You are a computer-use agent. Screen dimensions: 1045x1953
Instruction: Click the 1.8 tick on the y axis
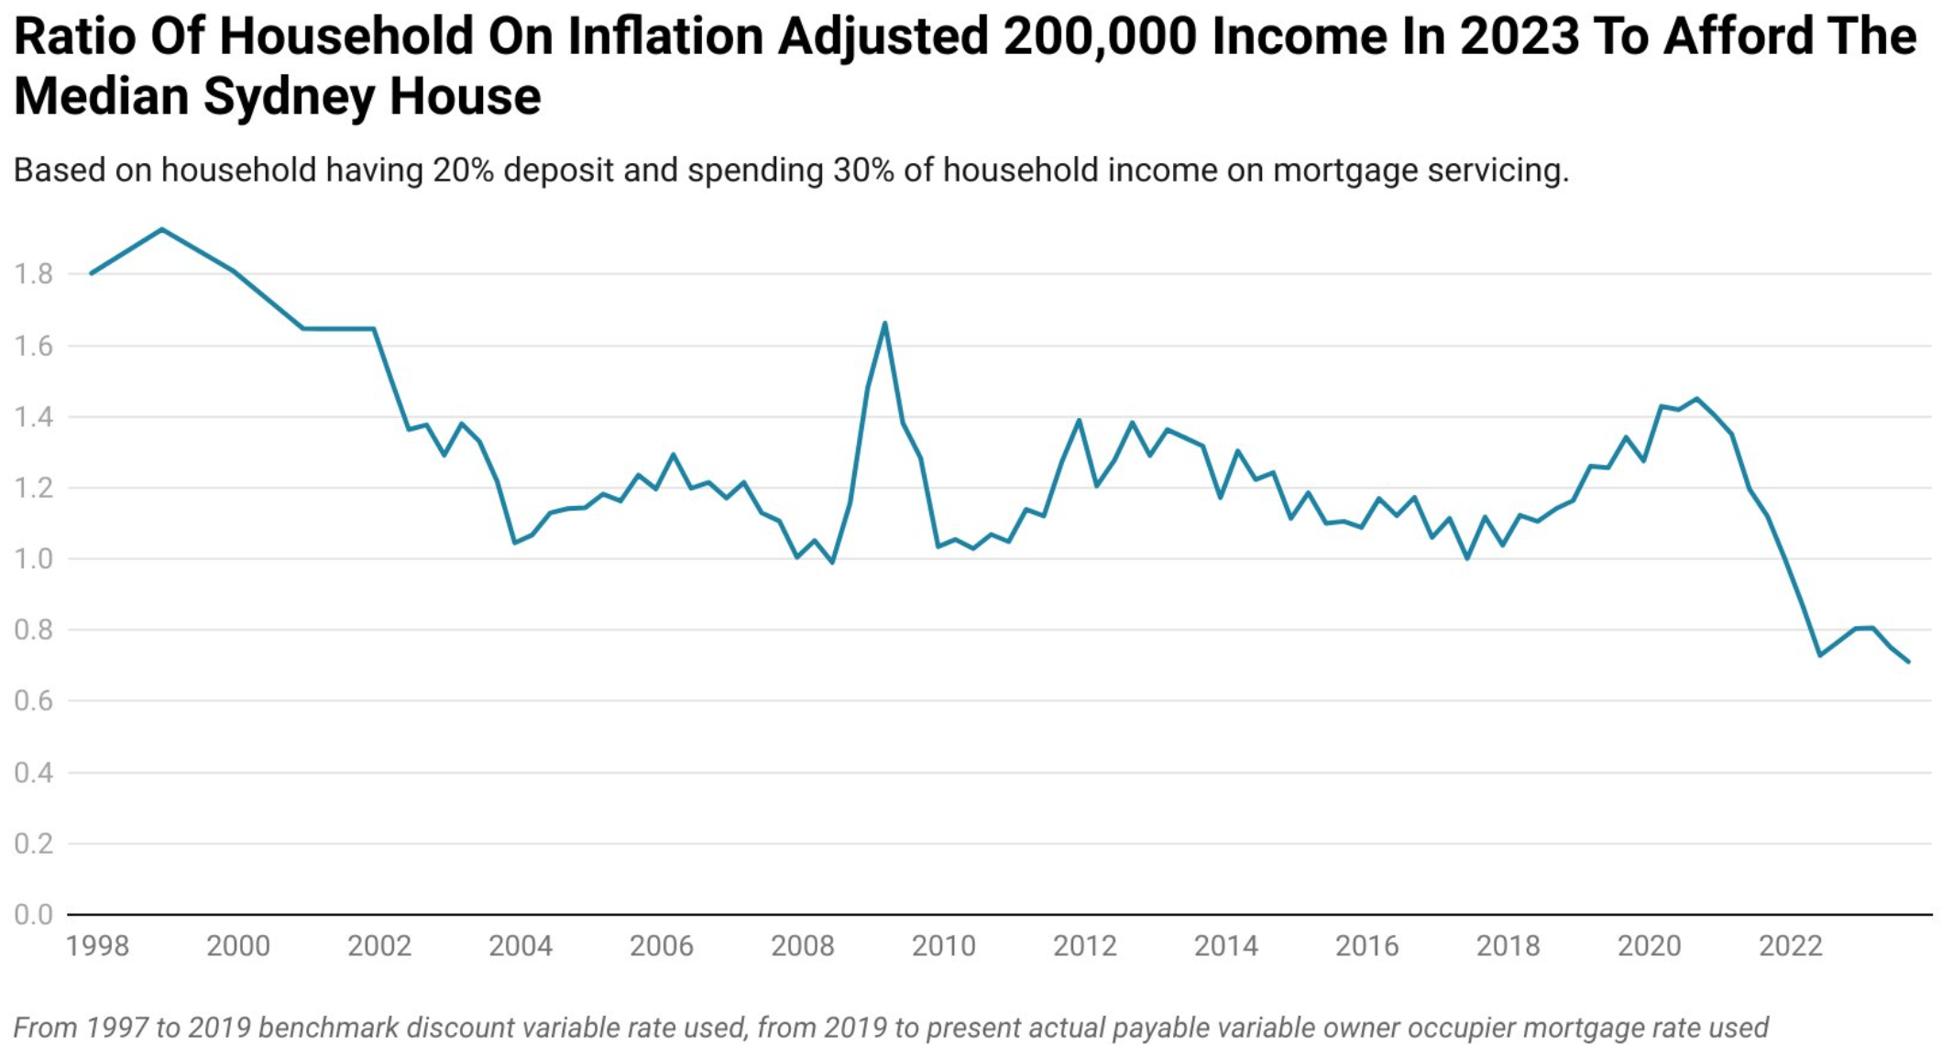click(x=33, y=274)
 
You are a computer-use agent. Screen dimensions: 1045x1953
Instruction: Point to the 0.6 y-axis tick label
click(x=33, y=701)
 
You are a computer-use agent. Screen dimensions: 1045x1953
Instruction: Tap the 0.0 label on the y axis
click(x=33, y=915)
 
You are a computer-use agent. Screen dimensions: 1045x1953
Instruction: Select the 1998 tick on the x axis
click(x=97, y=946)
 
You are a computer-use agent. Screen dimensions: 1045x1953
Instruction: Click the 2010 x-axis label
click(x=943, y=946)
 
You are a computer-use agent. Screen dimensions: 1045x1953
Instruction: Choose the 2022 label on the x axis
click(x=1790, y=946)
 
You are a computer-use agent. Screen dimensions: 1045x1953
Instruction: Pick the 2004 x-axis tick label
click(x=521, y=946)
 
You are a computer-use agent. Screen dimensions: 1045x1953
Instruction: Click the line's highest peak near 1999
click(x=162, y=229)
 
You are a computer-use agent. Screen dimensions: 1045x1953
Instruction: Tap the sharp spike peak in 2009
click(x=884, y=323)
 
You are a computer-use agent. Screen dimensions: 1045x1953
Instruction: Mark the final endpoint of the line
click(x=1908, y=662)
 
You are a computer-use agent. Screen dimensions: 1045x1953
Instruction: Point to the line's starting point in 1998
click(x=91, y=273)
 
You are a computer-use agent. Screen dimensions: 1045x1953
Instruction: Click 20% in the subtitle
click(x=463, y=170)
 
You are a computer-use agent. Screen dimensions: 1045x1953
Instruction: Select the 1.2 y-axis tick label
click(x=33, y=488)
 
